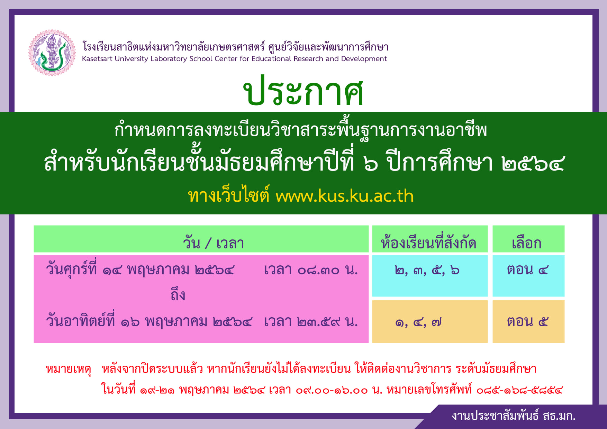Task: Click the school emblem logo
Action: [52, 53]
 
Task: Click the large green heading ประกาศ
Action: [303, 91]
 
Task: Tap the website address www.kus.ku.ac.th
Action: [345, 196]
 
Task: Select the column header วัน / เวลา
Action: [214, 243]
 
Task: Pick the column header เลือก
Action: [526, 243]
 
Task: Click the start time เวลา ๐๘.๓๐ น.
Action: [311, 270]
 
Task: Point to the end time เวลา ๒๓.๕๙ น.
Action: [311, 322]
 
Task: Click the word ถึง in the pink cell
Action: [178, 295]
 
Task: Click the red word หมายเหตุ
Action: [69, 369]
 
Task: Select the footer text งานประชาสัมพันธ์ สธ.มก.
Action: [514, 416]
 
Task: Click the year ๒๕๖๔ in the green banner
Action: [533, 163]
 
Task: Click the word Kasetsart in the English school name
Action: [97, 58]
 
